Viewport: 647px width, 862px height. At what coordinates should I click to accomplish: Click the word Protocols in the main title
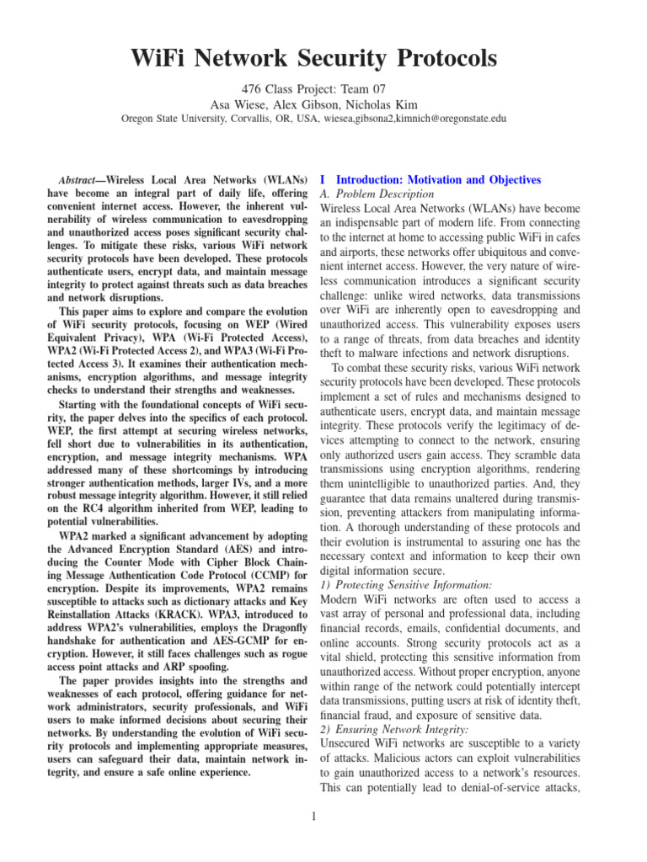[x=430, y=58]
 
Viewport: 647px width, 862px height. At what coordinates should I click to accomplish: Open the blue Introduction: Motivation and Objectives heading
[x=438, y=180]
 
